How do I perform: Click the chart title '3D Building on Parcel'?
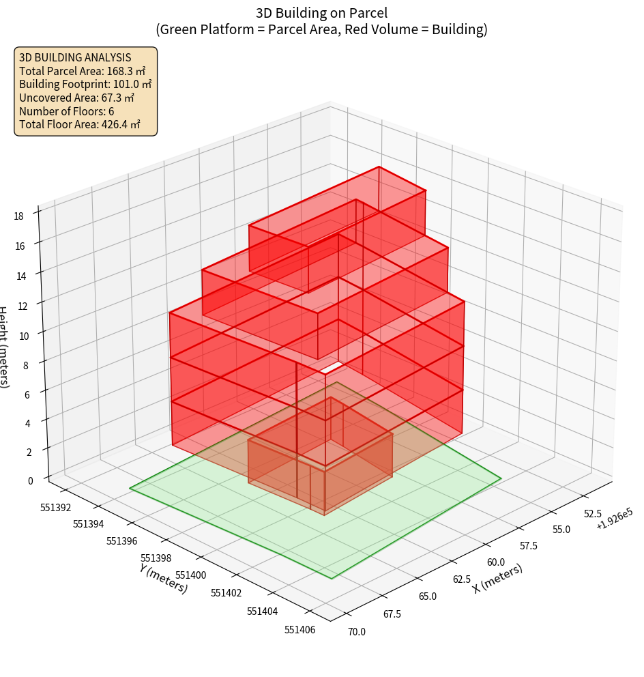(x=321, y=13)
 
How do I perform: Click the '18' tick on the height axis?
(x=18, y=216)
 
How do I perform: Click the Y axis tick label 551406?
(x=299, y=629)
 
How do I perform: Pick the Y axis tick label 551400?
(x=190, y=575)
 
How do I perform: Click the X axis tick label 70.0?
(x=355, y=631)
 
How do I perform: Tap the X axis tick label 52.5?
(x=591, y=514)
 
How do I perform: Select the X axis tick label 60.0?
(x=495, y=562)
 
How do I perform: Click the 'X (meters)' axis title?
(x=498, y=579)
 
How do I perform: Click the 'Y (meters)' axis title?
(x=164, y=578)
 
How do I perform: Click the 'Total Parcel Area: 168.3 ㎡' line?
(x=83, y=71)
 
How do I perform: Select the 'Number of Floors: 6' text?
(x=67, y=111)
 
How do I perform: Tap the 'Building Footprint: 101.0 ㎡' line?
(x=85, y=85)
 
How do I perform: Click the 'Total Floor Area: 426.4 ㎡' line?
(x=80, y=125)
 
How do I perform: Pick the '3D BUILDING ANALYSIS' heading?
(x=75, y=57)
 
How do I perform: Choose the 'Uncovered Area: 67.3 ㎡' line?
(x=76, y=98)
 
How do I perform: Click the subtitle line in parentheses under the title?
(x=321, y=29)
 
